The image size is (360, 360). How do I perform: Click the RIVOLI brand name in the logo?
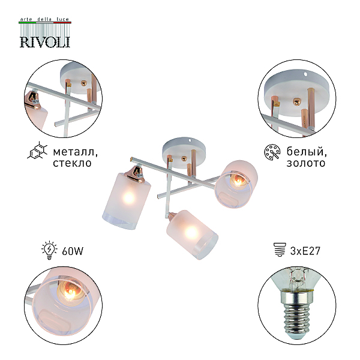[45, 42]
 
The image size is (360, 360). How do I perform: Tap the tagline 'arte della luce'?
[45, 19]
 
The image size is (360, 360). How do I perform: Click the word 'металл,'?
[76, 152]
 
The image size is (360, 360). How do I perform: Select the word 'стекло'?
[72, 163]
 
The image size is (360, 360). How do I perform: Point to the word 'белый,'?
[307, 152]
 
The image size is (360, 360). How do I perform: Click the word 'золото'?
[306, 163]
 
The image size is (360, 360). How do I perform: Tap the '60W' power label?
[73, 251]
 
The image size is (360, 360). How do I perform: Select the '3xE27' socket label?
[305, 251]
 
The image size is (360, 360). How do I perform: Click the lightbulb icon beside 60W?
[49, 250]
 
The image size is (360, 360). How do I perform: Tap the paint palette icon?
[272, 152]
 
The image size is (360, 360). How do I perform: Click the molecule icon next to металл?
[37, 151]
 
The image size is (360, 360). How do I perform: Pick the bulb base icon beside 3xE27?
[280, 250]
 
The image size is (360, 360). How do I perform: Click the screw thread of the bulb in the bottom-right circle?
[296, 319]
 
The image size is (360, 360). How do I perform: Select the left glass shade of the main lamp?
[127, 200]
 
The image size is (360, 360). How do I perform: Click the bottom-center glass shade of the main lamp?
[192, 234]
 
